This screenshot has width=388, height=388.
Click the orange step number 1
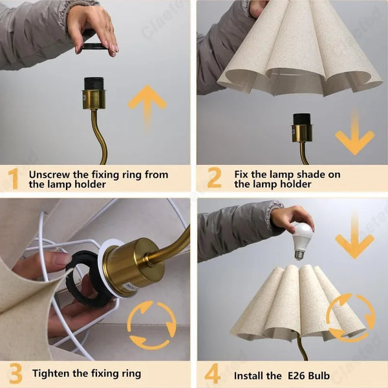tap(13, 178)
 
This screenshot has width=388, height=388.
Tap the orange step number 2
tap(214, 178)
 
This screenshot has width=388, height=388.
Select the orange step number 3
tap(14, 373)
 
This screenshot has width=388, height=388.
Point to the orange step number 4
tap(213, 374)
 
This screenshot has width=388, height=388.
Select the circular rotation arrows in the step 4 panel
tap(350, 317)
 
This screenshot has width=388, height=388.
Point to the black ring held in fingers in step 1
tap(94, 47)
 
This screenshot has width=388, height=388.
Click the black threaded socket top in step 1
tap(94, 83)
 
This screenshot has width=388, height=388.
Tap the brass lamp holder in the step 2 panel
tap(301, 133)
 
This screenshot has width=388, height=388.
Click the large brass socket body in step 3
tap(133, 265)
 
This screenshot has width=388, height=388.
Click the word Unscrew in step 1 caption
tap(52, 175)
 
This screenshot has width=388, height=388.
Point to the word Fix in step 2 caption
tap(242, 175)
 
